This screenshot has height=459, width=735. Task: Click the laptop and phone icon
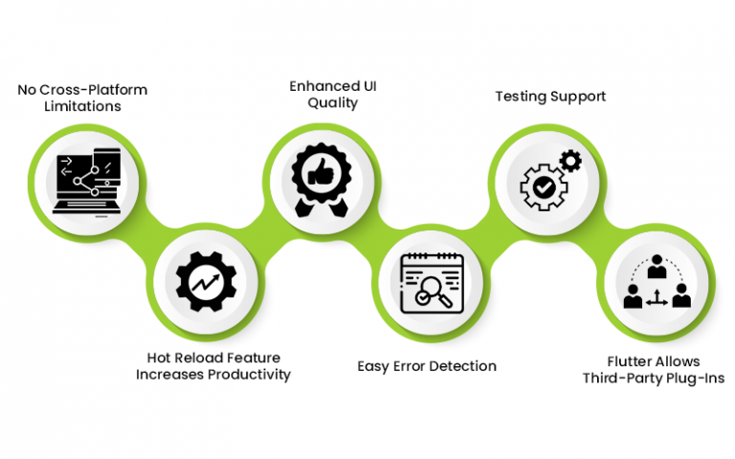pos(89,179)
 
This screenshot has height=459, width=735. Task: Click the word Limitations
pos(82,106)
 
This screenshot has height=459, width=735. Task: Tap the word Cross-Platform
pos(94,90)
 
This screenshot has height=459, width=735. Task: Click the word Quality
pos(333,102)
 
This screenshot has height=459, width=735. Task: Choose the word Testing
pos(521,97)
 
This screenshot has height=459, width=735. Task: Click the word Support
pos(578,97)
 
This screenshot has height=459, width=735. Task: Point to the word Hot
pos(159,359)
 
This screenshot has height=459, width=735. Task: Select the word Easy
pos(373,366)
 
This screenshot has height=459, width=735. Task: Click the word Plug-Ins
pos(694,378)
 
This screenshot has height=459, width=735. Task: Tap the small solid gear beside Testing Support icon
pos(570,161)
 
